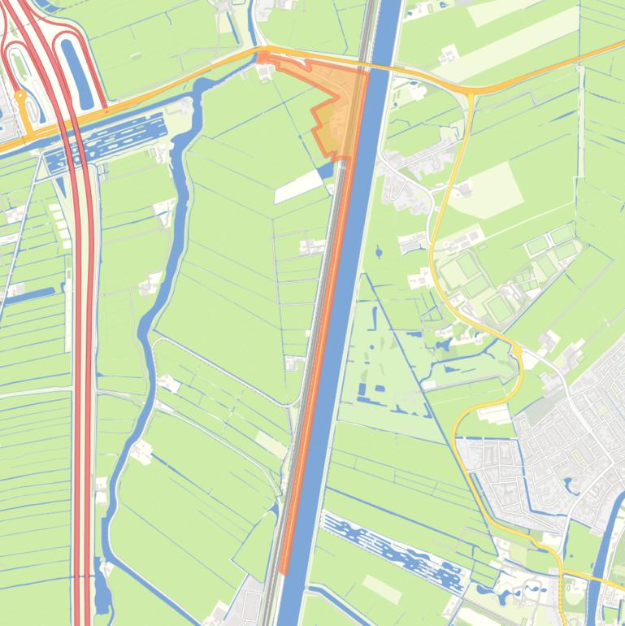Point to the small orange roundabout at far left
point(21,95)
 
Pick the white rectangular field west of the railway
point(297,186)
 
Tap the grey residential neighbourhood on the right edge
point(569,431)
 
